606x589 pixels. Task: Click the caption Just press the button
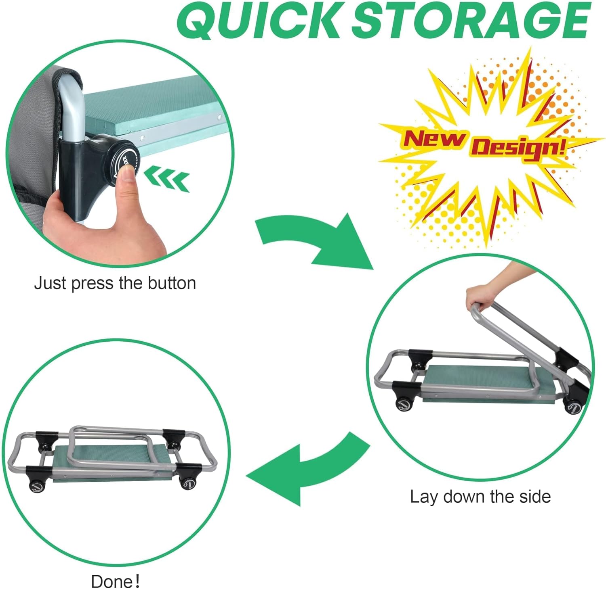[115, 283]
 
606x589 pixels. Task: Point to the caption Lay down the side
[480, 497]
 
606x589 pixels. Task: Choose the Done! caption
[115, 581]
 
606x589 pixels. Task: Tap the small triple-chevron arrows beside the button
[166, 179]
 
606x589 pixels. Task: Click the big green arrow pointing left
[307, 468]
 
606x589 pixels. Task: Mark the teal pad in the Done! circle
[113, 464]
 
